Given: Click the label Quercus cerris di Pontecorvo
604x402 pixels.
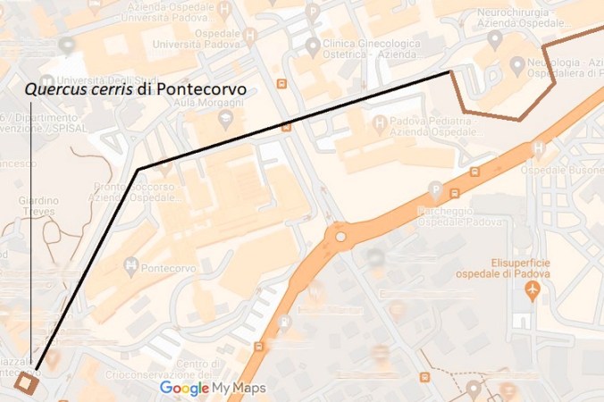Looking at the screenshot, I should point(135,90).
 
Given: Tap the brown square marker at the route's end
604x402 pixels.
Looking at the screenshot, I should point(27,382).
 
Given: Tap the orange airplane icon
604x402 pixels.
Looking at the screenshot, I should point(534,290).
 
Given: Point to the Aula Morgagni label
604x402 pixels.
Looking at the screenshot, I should point(197,105).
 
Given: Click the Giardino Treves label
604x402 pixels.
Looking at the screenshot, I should point(38,206).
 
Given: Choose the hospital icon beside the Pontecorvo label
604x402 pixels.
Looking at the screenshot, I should point(131,266).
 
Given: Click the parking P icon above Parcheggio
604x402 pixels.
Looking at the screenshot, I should point(436,189).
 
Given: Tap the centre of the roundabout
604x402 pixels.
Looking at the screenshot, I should point(340,237).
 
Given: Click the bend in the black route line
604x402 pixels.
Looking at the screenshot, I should point(138,169).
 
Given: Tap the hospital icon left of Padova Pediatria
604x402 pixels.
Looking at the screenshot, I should point(381,121).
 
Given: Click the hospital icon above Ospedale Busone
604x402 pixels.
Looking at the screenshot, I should point(538,148).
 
